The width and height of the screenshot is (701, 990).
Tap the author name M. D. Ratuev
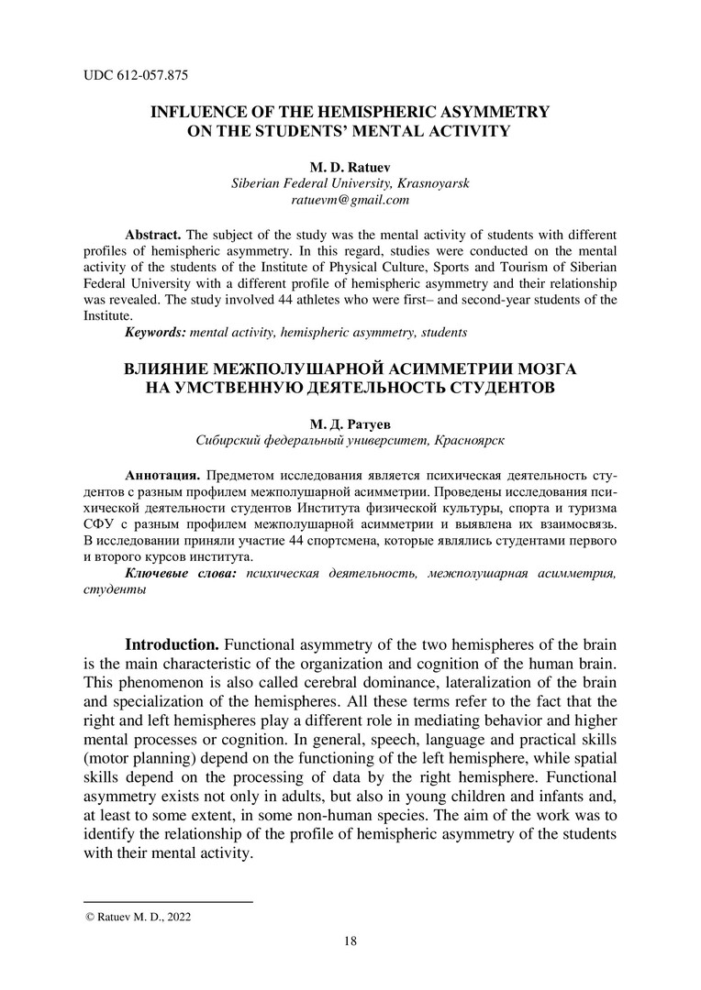pos(350,167)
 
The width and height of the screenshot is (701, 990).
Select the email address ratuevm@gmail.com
pos(350,199)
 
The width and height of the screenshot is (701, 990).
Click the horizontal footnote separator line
pos(168,902)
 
